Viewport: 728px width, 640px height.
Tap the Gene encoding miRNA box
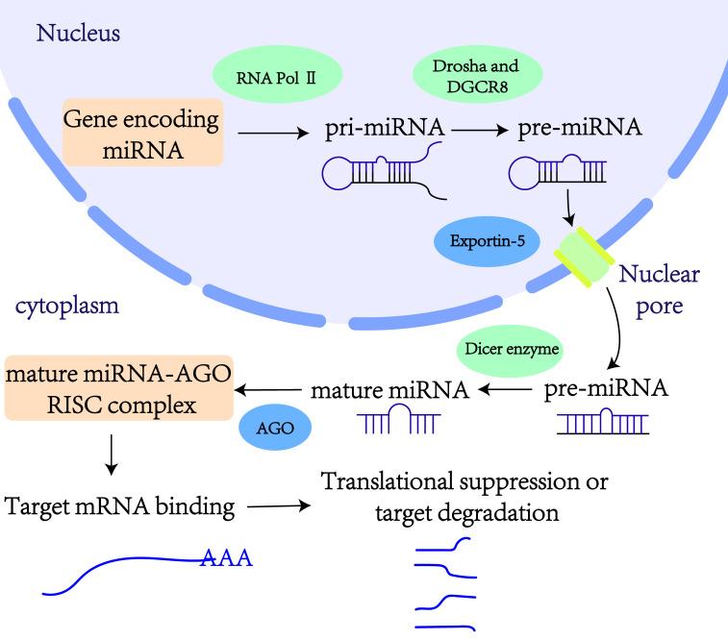[143, 132]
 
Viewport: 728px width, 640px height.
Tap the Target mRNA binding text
[120, 506]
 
